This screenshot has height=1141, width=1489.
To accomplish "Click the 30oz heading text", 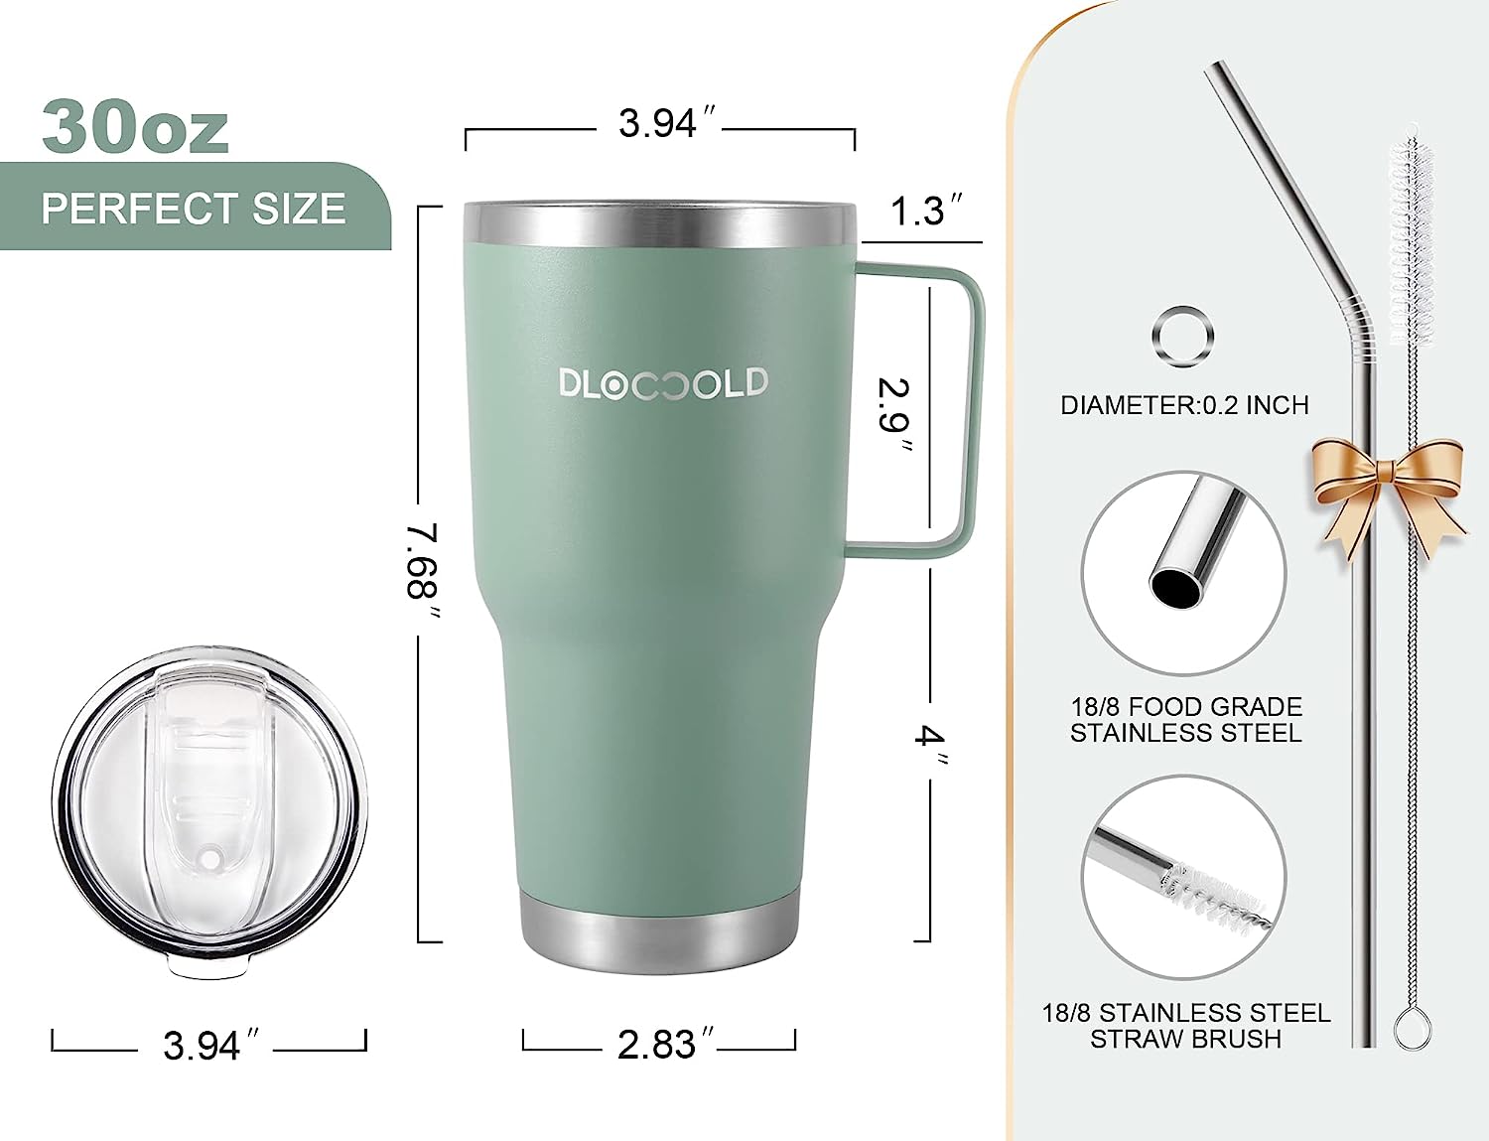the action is coord(135,128).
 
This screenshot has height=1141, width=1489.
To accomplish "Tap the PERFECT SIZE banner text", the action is coord(194,209).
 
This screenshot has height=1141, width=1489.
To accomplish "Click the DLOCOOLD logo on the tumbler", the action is coord(663,382).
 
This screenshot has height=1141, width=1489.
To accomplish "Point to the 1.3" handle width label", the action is coord(926,211).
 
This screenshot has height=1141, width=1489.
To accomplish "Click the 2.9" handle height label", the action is coord(895,415).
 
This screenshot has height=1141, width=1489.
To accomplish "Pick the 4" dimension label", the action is coord(930,747).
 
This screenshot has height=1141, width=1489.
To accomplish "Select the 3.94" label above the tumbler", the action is coord(667,123).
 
